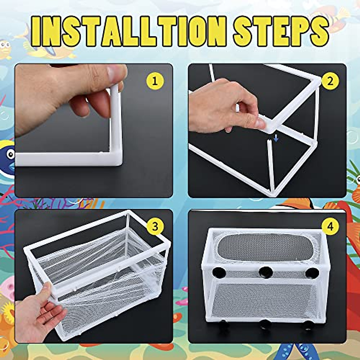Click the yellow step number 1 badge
pyautogui.click(x=154, y=81)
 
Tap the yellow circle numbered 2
pyautogui.click(x=330, y=81)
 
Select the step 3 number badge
pyautogui.click(x=154, y=226)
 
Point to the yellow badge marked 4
pyautogui.click(x=330, y=226)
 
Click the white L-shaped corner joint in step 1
pyautogui.click(x=115, y=156)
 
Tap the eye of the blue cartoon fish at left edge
pyautogui.click(x=11, y=154)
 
